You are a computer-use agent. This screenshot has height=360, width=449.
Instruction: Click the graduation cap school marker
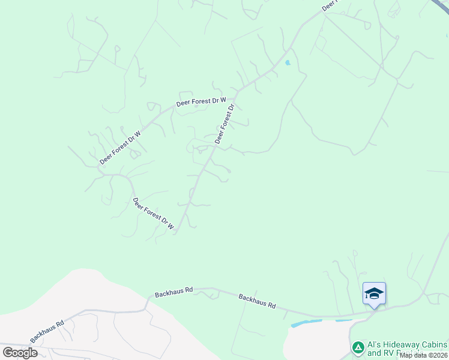pos(374,293)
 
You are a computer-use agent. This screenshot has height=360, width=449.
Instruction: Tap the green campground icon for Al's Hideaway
pos(358,347)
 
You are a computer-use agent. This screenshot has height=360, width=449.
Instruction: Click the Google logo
pos(20,353)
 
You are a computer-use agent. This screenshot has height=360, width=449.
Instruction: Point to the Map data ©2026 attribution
pos(423,355)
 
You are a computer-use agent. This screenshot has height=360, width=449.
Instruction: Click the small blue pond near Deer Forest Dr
pos(288,62)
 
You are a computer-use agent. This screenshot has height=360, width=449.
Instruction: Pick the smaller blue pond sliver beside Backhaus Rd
pos(343,320)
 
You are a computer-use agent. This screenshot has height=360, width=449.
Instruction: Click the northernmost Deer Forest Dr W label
pos(201,102)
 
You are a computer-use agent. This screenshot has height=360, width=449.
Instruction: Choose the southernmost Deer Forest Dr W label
pos(153,214)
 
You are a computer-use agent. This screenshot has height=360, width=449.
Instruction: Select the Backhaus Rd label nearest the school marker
pos(257,301)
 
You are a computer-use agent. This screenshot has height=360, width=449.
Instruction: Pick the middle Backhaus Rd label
pos(173,292)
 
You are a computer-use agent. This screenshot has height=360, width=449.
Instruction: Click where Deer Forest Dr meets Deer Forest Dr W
pos(236,94)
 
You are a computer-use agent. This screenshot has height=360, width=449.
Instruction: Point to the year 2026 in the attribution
pos(438,355)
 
